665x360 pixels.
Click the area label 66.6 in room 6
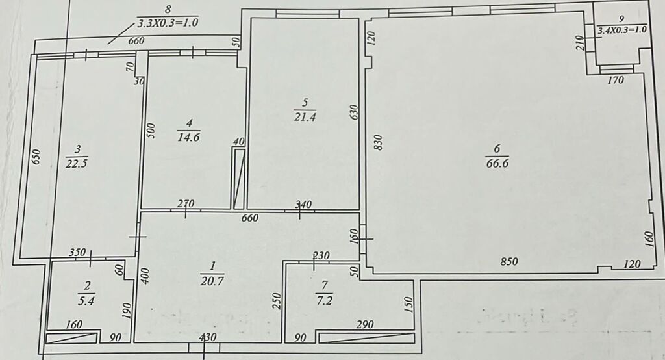(497, 164)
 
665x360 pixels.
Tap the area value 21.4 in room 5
(305, 117)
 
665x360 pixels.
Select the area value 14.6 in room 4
(189, 137)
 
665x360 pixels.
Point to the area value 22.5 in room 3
(77, 164)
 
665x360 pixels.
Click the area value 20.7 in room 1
(212, 281)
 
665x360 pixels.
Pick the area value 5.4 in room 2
(86, 301)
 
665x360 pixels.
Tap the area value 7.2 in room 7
(324, 301)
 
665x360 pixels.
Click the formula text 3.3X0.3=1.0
(168, 23)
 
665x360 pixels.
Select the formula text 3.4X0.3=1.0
(621, 30)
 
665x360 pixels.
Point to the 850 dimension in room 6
(509, 261)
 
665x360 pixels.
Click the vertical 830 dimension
(379, 142)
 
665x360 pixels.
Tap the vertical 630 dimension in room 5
(355, 112)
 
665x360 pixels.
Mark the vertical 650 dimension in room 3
(36, 157)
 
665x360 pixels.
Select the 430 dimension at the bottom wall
(208, 337)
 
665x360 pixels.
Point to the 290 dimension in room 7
(365, 325)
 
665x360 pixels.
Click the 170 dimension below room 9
(616, 80)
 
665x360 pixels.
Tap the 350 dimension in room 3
(78, 252)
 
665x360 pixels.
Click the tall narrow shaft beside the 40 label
(239, 178)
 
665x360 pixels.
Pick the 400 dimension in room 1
(144, 276)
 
